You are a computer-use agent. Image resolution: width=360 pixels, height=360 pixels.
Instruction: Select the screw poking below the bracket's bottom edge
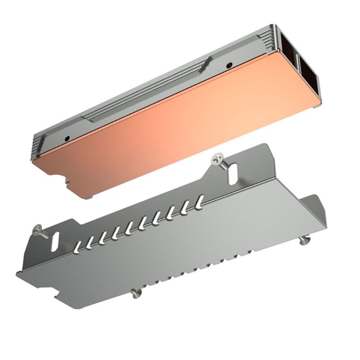(136, 293)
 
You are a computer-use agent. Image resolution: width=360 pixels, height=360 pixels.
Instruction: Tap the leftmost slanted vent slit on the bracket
(77, 245)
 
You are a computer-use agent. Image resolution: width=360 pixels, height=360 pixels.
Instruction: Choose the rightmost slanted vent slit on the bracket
(199, 200)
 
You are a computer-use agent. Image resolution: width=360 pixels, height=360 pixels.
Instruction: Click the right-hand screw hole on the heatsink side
(229, 64)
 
